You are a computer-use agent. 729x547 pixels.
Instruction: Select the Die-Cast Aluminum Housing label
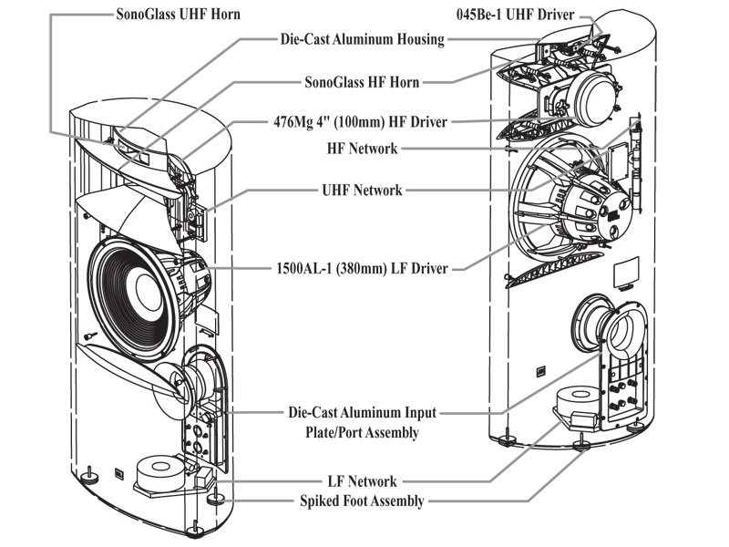361,39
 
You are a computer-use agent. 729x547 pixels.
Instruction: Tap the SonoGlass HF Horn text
361,81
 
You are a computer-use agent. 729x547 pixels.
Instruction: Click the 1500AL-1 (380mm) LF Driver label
361,269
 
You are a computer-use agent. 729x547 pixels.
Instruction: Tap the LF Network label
362,480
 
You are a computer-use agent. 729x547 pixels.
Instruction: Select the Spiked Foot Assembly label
362,501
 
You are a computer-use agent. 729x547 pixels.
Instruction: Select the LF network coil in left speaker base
162,470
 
